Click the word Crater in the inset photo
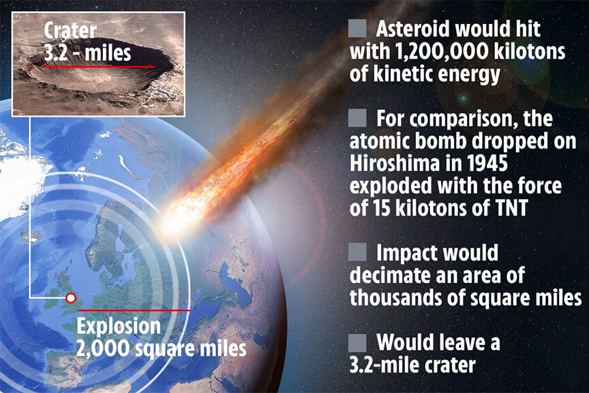[70, 30]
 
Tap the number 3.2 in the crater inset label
[56, 53]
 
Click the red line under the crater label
[99, 67]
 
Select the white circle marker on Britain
[71, 298]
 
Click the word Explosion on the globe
[119, 326]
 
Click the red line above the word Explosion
[134, 310]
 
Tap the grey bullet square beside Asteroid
[357, 29]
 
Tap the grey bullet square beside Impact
[357, 252]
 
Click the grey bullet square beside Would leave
[357, 343]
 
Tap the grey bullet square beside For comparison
[357, 118]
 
